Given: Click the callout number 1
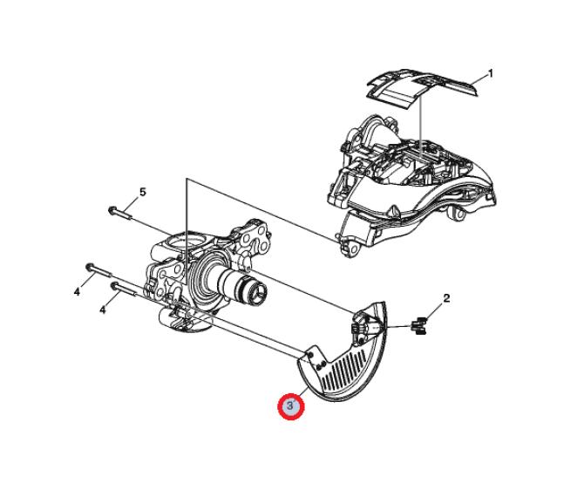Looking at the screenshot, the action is [491, 74].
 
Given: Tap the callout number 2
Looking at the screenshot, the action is [446, 298].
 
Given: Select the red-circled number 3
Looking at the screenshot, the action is [291, 406].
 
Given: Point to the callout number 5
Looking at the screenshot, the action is [143, 192].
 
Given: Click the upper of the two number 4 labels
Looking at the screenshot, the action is [77, 291].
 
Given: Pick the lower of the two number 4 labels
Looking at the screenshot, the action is [103, 310].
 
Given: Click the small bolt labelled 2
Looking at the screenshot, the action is [418, 326].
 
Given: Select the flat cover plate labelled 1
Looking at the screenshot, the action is [422, 88].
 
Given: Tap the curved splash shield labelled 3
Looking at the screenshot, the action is [346, 358].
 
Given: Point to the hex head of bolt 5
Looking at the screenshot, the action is [112, 210].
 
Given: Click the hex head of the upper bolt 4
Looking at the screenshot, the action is [90, 267].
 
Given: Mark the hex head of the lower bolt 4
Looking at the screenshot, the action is [115, 286].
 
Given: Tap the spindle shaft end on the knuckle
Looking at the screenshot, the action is [258, 290].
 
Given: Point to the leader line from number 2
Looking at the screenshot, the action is [434, 312].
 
